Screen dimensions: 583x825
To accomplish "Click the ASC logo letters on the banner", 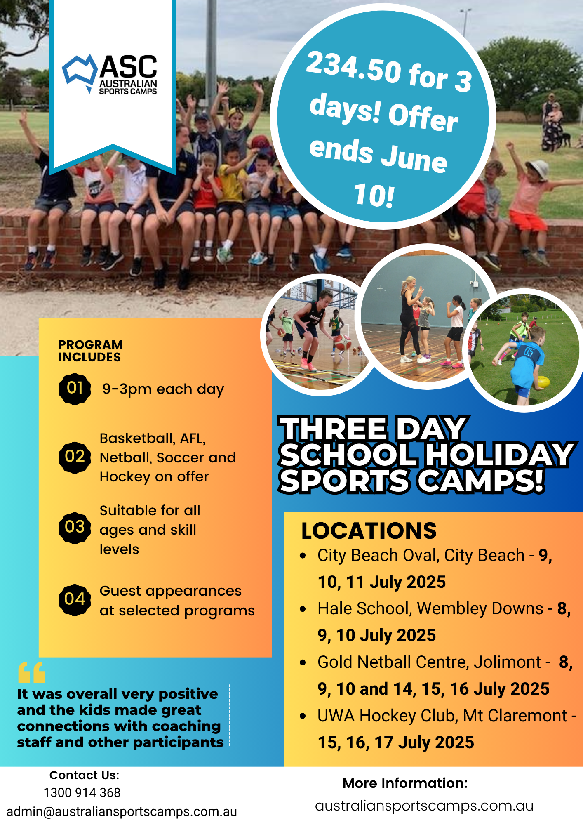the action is (x=128, y=66).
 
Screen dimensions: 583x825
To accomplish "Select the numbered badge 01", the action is (x=75, y=389).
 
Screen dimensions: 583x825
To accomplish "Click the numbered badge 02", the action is (x=75, y=457).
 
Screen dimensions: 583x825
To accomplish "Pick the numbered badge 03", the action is (x=75, y=528).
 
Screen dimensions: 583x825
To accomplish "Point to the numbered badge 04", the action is (x=75, y=600).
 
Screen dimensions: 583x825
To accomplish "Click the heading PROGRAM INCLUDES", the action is (x=90, y=351).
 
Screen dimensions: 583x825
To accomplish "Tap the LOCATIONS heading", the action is (x=369, y=530).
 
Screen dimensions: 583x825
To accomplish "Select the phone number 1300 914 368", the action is (x=82, y=792).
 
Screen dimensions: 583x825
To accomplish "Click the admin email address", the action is (x=122, y=811).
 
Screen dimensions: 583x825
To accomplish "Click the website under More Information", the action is (x=424, y=806).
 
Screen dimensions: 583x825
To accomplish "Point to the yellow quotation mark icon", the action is (x=32, y=672).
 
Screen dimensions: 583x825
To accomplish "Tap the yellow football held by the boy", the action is (x=544, y=382).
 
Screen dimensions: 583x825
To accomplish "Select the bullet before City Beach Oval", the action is (x=303, y=556).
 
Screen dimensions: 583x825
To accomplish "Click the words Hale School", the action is (x=364, y=609).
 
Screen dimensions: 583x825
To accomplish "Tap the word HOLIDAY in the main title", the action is (x=499, y=455).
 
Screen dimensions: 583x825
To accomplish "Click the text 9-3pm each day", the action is (x=163, y=389).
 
